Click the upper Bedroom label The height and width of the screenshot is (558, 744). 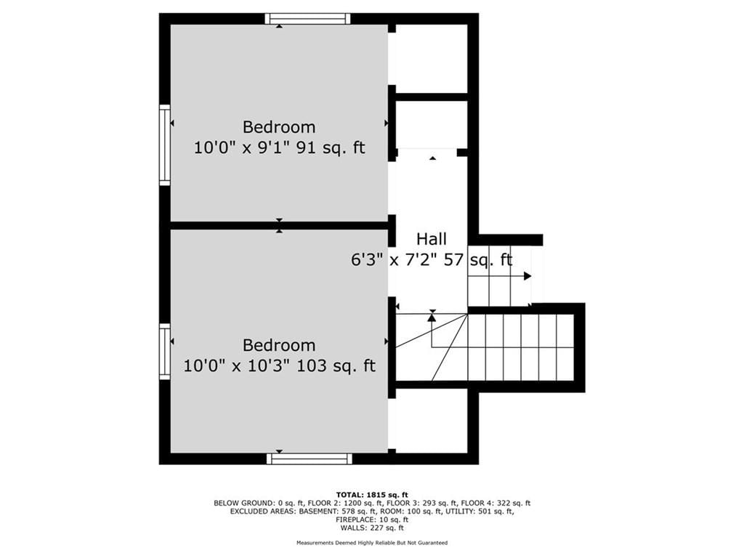tap(279, 127)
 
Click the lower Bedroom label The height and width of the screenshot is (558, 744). tap(279, 345)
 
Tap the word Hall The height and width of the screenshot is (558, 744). tap(432, 238)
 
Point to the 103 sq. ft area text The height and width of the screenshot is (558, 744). tap(336, 366)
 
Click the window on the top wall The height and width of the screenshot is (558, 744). tap(307, 18)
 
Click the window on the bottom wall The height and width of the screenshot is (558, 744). tap(309, 458)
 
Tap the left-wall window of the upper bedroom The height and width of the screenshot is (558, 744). tap(165, 145)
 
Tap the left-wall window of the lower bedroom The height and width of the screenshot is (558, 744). tap(165, 352)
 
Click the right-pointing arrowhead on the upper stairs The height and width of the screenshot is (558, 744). tap(527, 276)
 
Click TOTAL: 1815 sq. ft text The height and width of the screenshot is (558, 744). tap(372, 494)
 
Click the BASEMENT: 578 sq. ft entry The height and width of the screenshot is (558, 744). tap(341, 511)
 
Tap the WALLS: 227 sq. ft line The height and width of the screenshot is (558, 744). tap(372, 527)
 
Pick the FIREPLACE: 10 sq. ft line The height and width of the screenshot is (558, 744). tap(372, 519)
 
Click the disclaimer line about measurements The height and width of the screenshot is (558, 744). tap(372, 542)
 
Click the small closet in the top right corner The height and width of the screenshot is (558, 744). tap(432, 58)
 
